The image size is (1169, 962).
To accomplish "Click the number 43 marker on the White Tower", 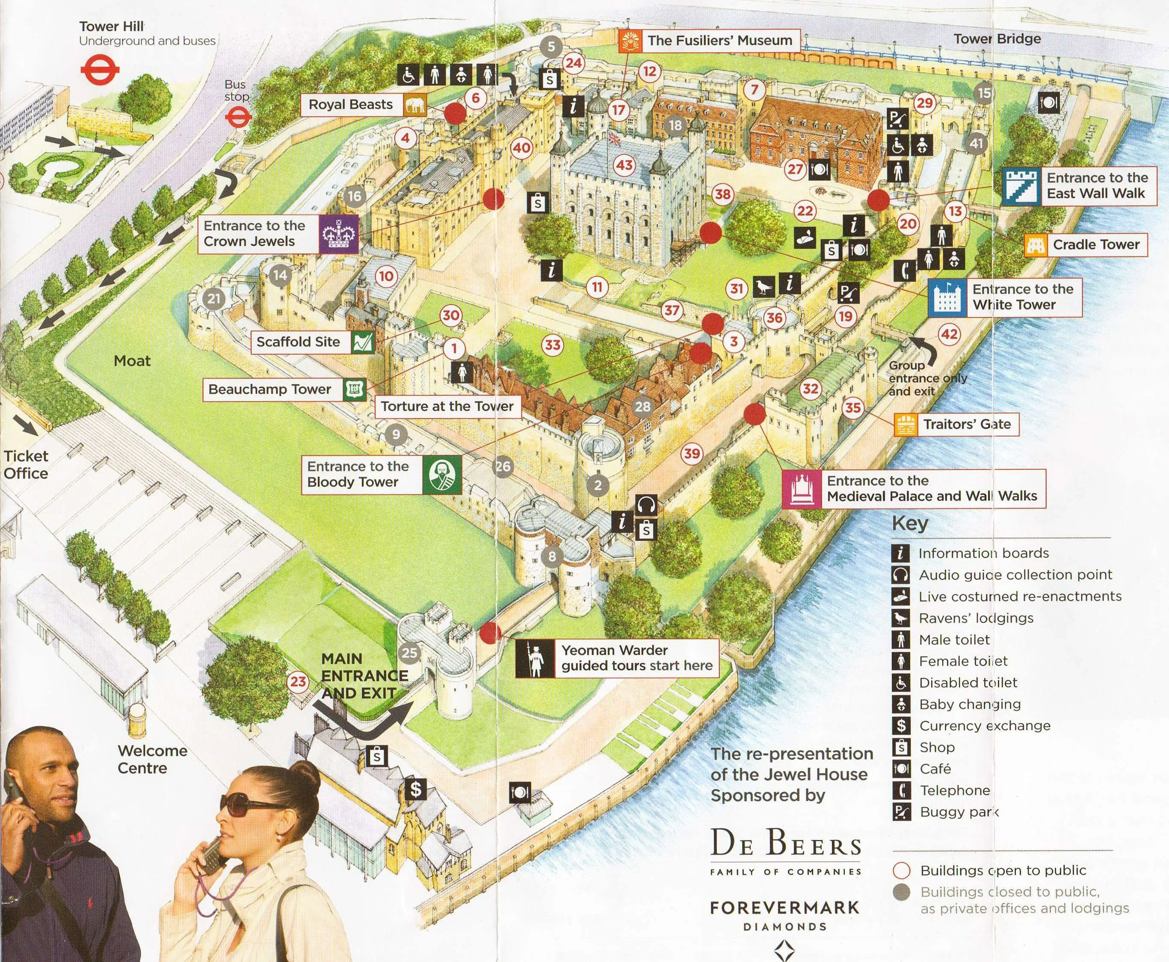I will tap(624, 165).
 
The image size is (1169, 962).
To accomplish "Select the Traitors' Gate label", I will tap(966, 425).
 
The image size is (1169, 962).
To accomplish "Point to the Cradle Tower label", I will tap(1095, 244).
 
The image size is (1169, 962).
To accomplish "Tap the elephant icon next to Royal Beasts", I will tap(415, 105).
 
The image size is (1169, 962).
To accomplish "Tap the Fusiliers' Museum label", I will tap(719, 41).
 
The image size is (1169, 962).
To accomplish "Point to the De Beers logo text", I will tap(786, 844).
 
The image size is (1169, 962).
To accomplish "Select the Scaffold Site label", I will tap(298, 342).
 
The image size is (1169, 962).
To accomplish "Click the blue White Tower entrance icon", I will tap(947, 297).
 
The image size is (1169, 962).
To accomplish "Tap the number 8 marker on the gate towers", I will tap(551, 556).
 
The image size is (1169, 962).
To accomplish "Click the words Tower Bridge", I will tap(997, 39).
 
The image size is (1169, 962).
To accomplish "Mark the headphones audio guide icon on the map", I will tap(646, 505).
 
